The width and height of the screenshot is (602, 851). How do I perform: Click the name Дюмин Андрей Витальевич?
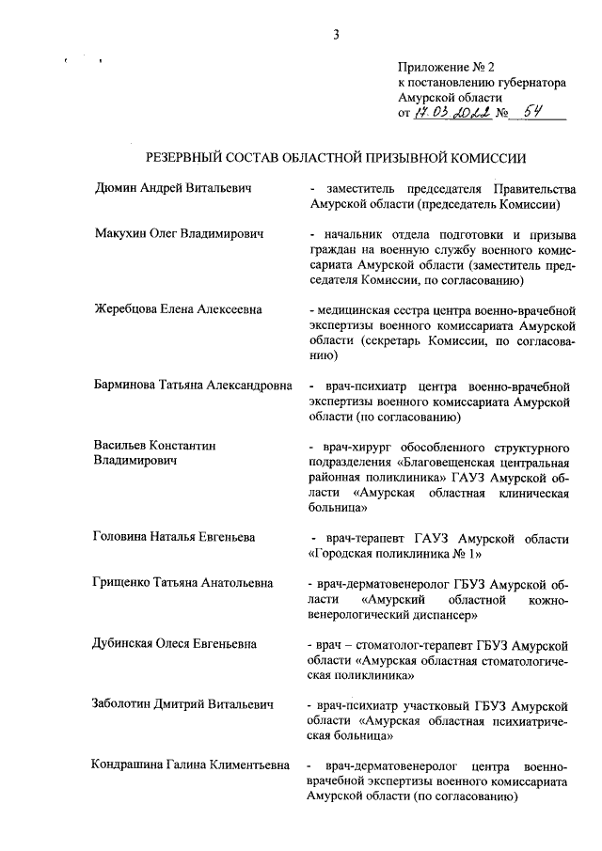click(x=175, y=188)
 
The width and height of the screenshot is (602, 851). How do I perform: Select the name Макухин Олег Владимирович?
click(x=178, y=232)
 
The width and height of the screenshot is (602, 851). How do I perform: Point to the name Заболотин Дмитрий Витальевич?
click(x=183, y=704)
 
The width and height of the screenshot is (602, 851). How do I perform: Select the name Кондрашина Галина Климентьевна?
click(x=191, y=764)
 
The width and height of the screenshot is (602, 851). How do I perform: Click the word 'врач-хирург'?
click(x=352, y=446)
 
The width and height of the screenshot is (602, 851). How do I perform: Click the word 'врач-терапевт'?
click(x=358, y=538)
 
